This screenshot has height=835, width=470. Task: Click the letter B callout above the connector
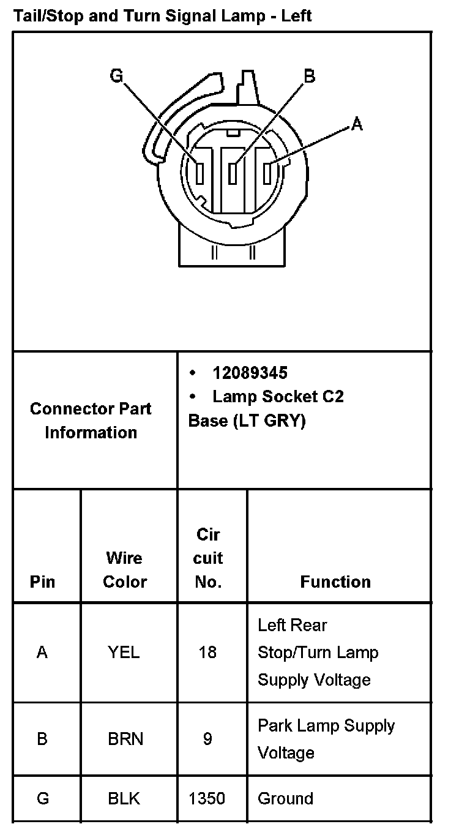309,75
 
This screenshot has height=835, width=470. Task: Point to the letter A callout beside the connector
357,124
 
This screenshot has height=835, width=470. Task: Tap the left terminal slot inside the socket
200,173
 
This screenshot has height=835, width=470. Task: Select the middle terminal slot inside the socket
233,173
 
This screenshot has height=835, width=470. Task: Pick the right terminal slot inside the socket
267,173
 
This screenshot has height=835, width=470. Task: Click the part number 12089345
250,373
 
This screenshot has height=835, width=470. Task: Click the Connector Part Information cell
91,421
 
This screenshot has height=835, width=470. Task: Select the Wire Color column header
125,569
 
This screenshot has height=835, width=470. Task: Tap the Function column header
335,582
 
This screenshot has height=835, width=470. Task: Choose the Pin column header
42,582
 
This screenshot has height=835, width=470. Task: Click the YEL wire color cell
124,653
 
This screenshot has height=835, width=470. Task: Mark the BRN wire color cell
125,739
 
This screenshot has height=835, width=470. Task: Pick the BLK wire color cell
124,798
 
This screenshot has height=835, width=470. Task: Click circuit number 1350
207,798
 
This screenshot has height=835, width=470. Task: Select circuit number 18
207,653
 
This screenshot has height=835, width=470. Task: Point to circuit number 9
207,739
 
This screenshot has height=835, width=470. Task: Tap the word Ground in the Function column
285,798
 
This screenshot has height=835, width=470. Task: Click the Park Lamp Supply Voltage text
326,739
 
